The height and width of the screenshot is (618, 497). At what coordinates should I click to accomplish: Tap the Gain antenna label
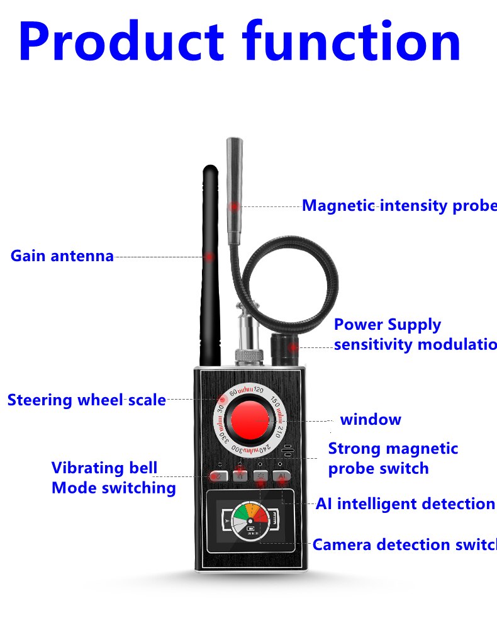[62, 256]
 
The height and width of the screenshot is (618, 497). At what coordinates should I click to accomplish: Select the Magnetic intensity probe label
[399, 206]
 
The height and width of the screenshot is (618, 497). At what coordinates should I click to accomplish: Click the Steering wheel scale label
[87, 400]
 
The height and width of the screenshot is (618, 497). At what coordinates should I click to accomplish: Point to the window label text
[370, 419]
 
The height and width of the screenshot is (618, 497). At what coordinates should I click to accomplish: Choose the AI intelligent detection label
[405, 504]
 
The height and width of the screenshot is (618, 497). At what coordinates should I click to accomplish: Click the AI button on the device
[282, 477]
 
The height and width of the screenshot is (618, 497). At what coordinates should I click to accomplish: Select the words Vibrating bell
[104, 468]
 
